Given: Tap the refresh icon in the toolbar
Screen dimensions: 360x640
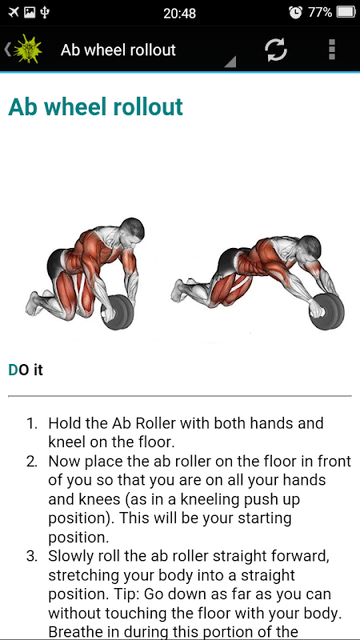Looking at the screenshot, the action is click(x=276, y=50).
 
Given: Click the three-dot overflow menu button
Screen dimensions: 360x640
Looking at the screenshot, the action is click(x=332, y=50).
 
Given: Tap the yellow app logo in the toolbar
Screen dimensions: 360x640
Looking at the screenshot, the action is click(x=27, y=50).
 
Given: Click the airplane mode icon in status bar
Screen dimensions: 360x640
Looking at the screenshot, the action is click(x=14, y=13).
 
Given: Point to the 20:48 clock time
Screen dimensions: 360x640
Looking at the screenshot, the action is click(x=179, y=14).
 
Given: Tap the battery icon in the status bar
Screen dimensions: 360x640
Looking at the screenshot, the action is click(x=346, y=13).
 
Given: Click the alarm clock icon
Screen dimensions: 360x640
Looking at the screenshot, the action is click(x=295, y=13).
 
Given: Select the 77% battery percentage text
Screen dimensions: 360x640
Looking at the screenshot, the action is click(x=320, y=13).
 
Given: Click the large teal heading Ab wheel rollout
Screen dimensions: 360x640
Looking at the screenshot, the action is click(x=95, y=107).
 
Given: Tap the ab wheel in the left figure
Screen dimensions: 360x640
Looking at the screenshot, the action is click(x=117, y=312).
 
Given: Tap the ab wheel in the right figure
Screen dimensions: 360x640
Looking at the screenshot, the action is click(x=327, y=312).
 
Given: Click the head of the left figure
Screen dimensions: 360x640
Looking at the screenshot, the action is click(x=132, y=231).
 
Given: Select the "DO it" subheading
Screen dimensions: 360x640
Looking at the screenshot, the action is click(x=26, y=370).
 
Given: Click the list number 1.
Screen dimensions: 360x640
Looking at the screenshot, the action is click(x=32, y=423).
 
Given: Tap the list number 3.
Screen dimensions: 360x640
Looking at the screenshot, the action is click(x=32, y=556).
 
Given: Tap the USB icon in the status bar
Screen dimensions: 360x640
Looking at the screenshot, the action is click(x=45, y=13).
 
